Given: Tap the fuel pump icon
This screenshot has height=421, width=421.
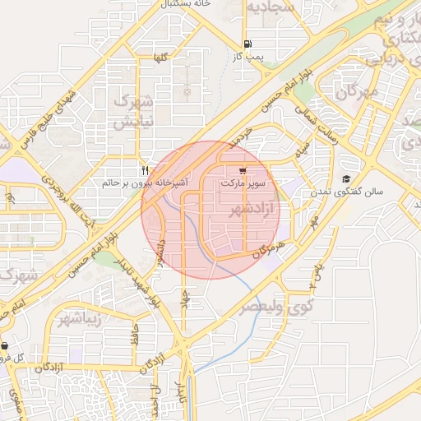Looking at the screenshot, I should [248, 44].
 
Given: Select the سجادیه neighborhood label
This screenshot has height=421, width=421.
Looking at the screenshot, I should [271, 9].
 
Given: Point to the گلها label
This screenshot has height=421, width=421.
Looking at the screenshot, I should [160, 58].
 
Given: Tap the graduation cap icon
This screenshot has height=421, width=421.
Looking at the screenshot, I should [347, 179].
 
